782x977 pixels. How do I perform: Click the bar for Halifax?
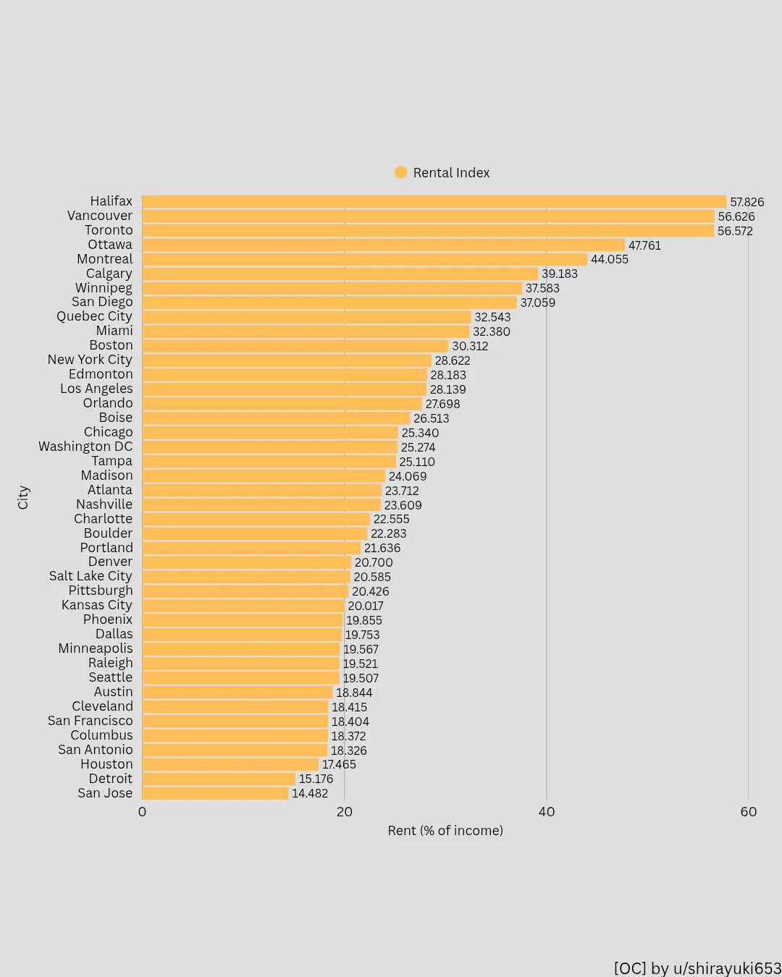pyautogui.click(x=434, y=202)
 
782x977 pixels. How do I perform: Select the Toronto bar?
pyautogui.click(x=428, y=231)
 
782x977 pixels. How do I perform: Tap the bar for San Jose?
pyautogui.click(x=215, y=793)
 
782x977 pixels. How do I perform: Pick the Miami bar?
pyautogui.click(x=306, y=331)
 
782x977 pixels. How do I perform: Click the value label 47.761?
pyautogui.click(x=644, y=245)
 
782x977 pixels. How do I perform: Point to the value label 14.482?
pyautogui.click(x=310, y=793)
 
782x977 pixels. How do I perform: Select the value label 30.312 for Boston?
pyautogui.click(x=470, y=346)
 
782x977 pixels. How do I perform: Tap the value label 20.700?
pyautogui.click(x=374, y=562)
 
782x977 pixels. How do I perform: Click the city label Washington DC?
pyautogui.click(x=85, y=447)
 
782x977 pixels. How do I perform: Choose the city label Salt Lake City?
pyautogui.click(x=91, y=576)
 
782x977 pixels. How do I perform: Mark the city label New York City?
pyautogui.click(x=90, y=360)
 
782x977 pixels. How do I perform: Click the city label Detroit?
pyautogui.click(x=110, y=779)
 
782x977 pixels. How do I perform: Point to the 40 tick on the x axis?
pyautogui.click(x=547, y=812)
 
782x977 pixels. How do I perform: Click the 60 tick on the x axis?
pyautogui.click(x=749, y=812)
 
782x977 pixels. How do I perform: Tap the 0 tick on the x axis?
pyautogui.click(x=142, y=812)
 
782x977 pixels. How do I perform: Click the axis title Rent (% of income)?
pyautogui.click(x=445, y=831)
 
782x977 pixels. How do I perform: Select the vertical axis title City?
pyautogui.click(x=23, y=497)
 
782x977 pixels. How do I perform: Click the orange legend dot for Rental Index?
pyautogui.click(x=400, y=172)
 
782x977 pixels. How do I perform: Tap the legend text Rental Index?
pyautogui.click(x=451, y=173)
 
